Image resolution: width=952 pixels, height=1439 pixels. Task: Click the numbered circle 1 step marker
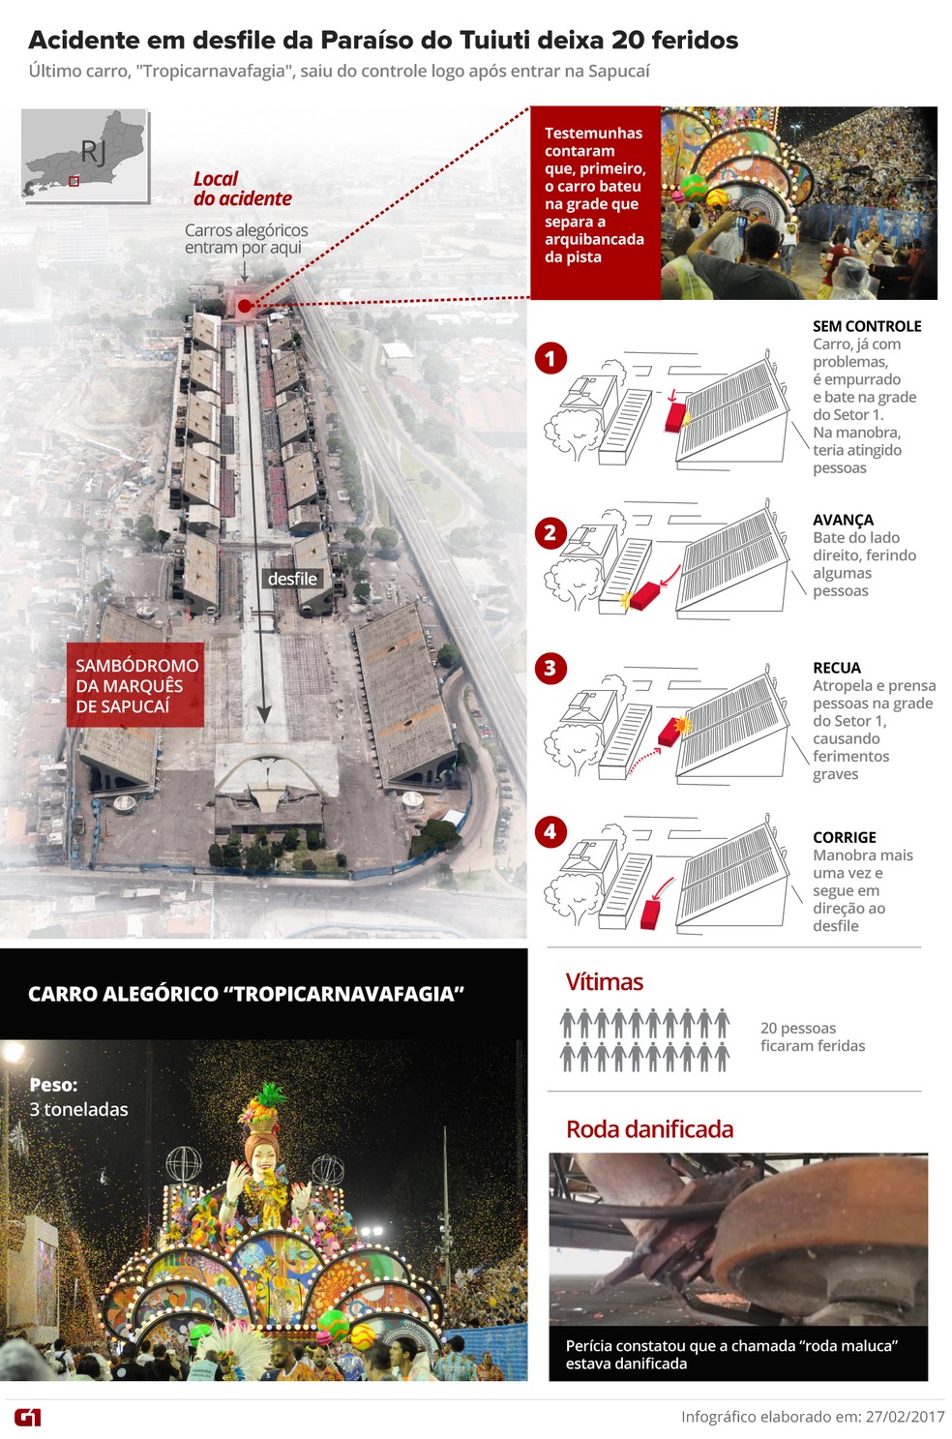point(550,359)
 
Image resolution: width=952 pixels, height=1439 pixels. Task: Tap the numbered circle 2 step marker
point(550,533)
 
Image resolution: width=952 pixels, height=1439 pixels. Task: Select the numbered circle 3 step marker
point(550,668)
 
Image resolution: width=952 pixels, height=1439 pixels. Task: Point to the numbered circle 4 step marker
point(550,831)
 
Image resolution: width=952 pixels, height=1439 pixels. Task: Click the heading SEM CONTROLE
point(867,326)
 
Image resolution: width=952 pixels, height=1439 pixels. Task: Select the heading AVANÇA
point(843,520)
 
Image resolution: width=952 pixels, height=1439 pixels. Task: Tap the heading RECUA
point(837,668)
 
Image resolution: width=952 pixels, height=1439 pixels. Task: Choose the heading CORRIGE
point(845,837)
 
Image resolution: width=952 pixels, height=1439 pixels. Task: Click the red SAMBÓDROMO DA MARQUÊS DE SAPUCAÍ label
point(135,686)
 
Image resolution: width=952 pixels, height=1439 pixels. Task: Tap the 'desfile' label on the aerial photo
point(292,579)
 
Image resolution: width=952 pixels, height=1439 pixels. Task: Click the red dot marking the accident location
point(245,306)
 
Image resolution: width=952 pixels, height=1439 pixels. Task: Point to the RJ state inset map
point(85,155)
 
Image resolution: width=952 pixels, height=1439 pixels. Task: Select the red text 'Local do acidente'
point(242,189)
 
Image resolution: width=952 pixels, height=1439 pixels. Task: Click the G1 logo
point(28,1418)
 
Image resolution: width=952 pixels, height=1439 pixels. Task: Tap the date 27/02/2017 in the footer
point(905,1417)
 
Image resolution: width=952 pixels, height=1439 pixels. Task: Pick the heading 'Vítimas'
point(604,982)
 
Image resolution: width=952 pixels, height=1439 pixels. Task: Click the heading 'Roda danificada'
point(649,1129)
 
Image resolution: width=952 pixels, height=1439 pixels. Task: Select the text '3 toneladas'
point(78,1109)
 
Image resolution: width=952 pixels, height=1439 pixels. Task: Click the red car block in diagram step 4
point(651,913)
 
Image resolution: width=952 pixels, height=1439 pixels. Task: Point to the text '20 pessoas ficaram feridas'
point(812,1036)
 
